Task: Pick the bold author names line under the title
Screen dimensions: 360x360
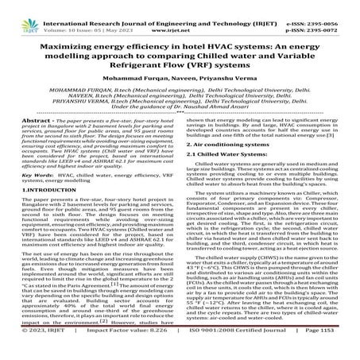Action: (x=180, y=81)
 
